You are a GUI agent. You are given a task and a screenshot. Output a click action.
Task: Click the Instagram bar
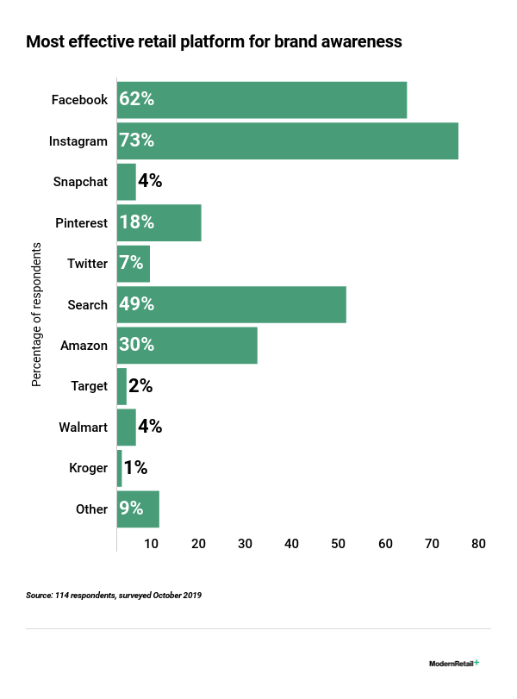tap(287, 140)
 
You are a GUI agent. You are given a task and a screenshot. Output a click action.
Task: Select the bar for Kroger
tap(119, 468)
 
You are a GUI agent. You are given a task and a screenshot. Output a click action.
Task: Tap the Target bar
tap(121, 386)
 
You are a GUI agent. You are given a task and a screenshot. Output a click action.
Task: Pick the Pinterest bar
tap(159, 222)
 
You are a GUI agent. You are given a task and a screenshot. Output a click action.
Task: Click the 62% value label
tap(137, 99)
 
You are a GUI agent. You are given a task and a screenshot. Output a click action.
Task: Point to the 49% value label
tap(137, 304)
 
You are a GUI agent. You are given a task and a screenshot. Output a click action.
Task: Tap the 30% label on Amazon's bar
tap(137, 345)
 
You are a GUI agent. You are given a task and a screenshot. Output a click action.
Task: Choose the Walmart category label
tap(83, 428)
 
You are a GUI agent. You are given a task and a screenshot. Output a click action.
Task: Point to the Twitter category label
tap(87, 264)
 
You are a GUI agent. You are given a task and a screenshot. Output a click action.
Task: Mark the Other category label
tap(91, 509)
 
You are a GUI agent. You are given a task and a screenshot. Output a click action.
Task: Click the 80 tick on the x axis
tap(478, 544)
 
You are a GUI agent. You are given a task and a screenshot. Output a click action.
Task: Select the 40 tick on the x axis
tap(291, 544)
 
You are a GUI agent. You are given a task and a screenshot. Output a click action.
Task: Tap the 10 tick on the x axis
tap(151, 544)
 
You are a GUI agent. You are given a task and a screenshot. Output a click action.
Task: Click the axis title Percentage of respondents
tap(36, 315)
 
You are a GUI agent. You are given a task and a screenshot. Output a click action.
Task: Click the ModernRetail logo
tap(454, 664)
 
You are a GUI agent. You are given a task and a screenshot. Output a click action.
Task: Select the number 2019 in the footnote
tap(190, 596)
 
